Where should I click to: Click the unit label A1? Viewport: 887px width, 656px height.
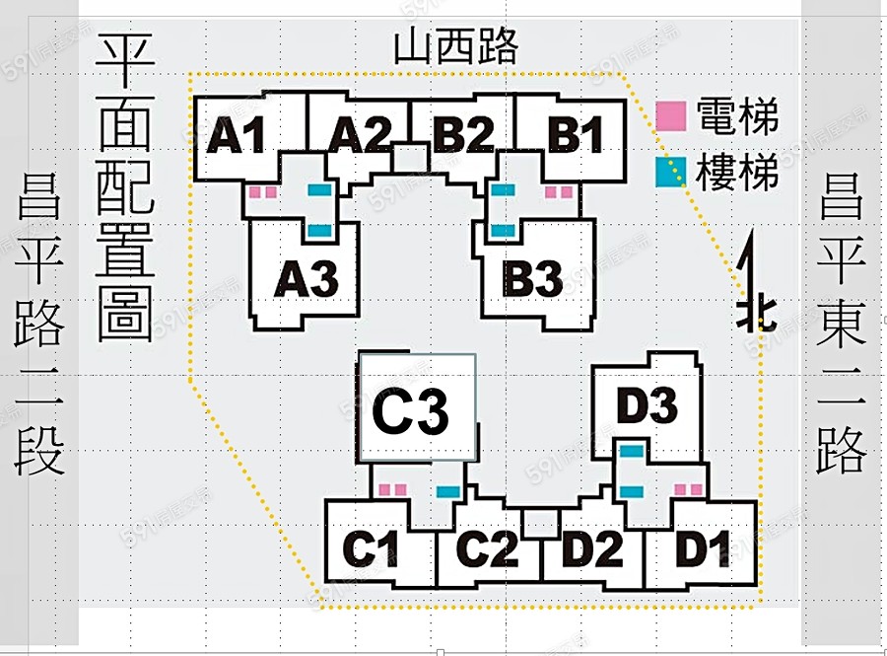click(x=237, y=136)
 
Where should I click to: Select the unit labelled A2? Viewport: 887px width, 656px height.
click(x=360, y=136)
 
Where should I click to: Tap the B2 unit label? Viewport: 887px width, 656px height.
click(x=463, y=136)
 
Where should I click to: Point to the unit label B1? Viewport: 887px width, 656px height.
click(x=577, y=136)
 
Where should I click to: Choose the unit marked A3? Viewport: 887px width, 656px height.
click(x=306, y=280)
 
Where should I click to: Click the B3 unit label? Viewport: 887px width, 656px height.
click(x=533, y=280)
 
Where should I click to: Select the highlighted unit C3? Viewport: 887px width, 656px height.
click(x=412, y=412)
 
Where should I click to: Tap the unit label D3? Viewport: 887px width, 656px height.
click(x=647, y=406)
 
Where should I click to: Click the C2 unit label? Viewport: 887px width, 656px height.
click(x=486, y=550)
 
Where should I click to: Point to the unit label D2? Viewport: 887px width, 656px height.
click(x=593, y=550)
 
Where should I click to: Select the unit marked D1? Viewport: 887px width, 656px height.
click(x=704, y=550)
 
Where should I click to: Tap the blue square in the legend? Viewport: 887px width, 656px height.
click(x=671, y=173)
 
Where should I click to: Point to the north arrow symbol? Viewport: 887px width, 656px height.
click(x=753, y=286)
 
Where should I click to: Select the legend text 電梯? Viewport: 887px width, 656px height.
click(x=737, y=116)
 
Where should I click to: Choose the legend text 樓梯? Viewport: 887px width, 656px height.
click(x=737, y=172)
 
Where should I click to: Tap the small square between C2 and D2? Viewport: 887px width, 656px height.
click(x=540, y=523)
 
